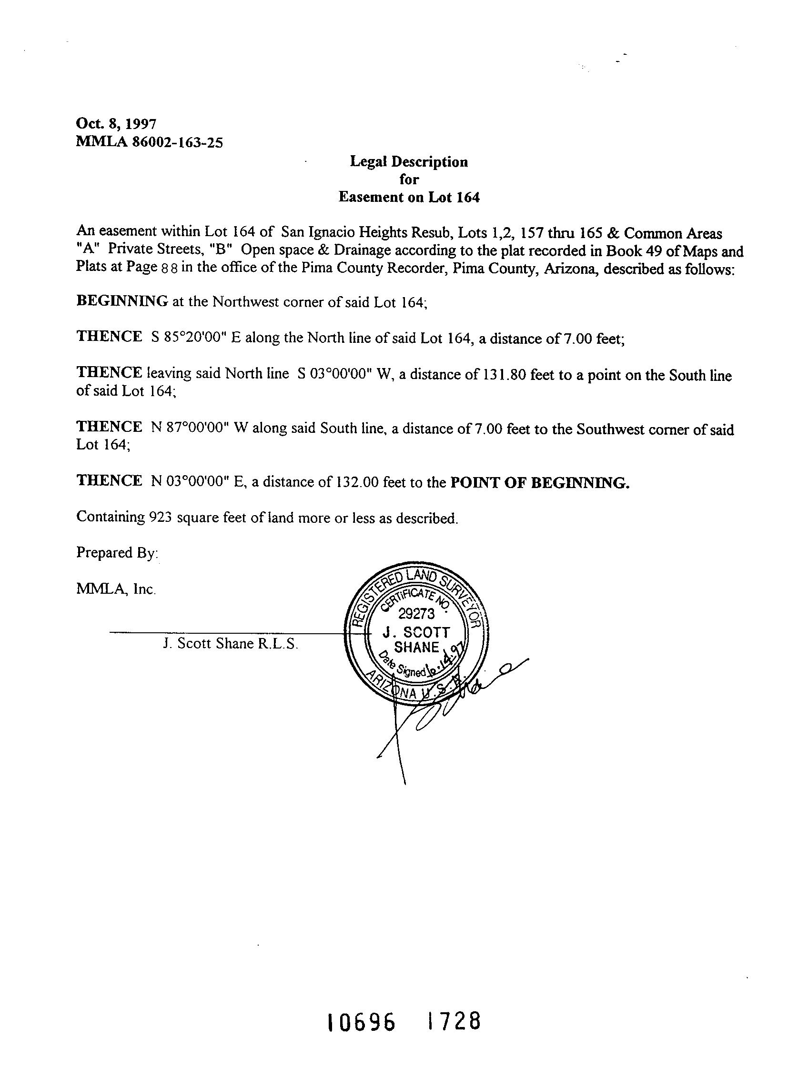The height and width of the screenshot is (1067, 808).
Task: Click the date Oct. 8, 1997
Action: [116, 124]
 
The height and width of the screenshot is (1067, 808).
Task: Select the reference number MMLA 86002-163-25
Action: [149, 143]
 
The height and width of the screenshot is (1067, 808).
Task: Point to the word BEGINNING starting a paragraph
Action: [121, 301]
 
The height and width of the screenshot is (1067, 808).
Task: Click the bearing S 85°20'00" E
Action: [195, 337]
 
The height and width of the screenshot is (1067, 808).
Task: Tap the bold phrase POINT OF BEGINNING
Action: [540, 482]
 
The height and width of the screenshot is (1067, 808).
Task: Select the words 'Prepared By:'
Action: [117, 553]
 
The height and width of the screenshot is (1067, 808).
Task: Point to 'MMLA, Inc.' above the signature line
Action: [116, 589]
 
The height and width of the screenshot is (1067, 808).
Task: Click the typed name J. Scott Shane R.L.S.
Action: [231, 643]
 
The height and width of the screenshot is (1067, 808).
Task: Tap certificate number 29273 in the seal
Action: [416, 614]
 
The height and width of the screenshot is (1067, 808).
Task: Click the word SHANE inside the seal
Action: [416, 647]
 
